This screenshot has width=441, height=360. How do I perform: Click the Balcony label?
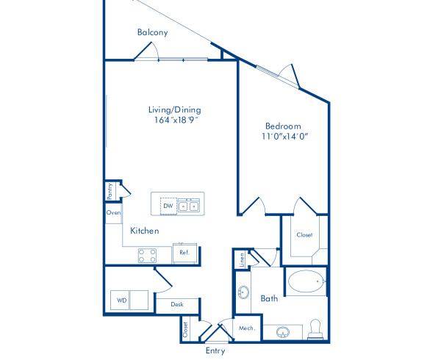(153, 32)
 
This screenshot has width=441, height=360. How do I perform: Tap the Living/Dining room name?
(174, 109)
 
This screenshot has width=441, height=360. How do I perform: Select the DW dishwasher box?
(168, 206)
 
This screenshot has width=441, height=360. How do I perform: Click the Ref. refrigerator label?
(184, 253)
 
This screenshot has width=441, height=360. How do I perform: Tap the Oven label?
(113, 212)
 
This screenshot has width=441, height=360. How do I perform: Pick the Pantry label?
(110, 192)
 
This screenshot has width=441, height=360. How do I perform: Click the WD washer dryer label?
(120, 300)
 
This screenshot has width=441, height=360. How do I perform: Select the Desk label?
(177, 304)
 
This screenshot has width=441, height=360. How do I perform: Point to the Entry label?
(215, 350)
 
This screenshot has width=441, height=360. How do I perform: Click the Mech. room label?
(246, 328)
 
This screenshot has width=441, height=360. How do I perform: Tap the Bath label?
(269, 298)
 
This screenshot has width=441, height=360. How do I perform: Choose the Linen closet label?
(240, 259)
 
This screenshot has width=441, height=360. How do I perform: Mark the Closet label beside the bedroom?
(304, 235)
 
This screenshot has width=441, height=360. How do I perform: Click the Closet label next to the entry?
(185, 329)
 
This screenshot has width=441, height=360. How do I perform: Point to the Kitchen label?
(145, 231)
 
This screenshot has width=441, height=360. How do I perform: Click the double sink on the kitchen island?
(189, 206)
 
